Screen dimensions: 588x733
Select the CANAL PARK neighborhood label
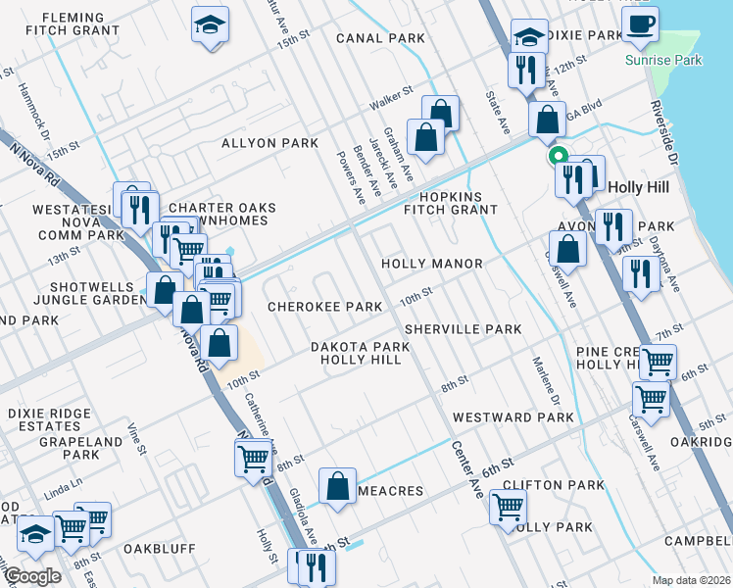pos(380,38)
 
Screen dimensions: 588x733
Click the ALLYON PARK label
pos(269,143)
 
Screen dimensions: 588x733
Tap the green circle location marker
pos(559,155)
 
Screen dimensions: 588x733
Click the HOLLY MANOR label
pos(431,264)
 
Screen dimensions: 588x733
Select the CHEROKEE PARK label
pos(325,307)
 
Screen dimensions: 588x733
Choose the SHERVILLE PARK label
pos(463,329)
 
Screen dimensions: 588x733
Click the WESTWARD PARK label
pos(513,417)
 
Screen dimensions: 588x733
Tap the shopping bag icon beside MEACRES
pos(337,485)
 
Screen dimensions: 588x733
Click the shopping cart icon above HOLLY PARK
pos(508,507)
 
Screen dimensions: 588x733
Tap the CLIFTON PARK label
pos(554,485)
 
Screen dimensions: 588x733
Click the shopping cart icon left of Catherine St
pos(253,457)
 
